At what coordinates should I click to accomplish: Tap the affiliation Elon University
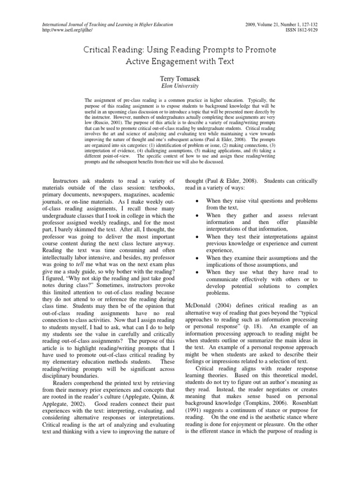[180, 86]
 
